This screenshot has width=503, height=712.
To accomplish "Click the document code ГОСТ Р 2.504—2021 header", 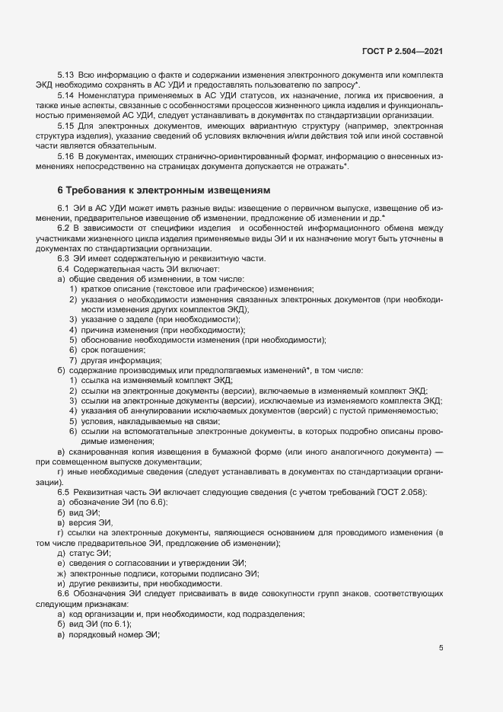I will point(403,51).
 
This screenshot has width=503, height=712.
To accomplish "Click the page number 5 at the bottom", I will point(441,648).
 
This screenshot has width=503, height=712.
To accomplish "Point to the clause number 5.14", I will point(65,95).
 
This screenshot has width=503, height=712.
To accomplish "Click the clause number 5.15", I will point(65,124).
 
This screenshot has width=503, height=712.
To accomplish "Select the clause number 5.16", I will point(65,155).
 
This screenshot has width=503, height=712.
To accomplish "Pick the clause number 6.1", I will point(64,209).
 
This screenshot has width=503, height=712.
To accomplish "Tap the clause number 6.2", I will point(64,228).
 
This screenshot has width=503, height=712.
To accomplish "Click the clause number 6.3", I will point(64,259).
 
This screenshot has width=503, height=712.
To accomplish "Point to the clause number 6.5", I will point(64,493).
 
